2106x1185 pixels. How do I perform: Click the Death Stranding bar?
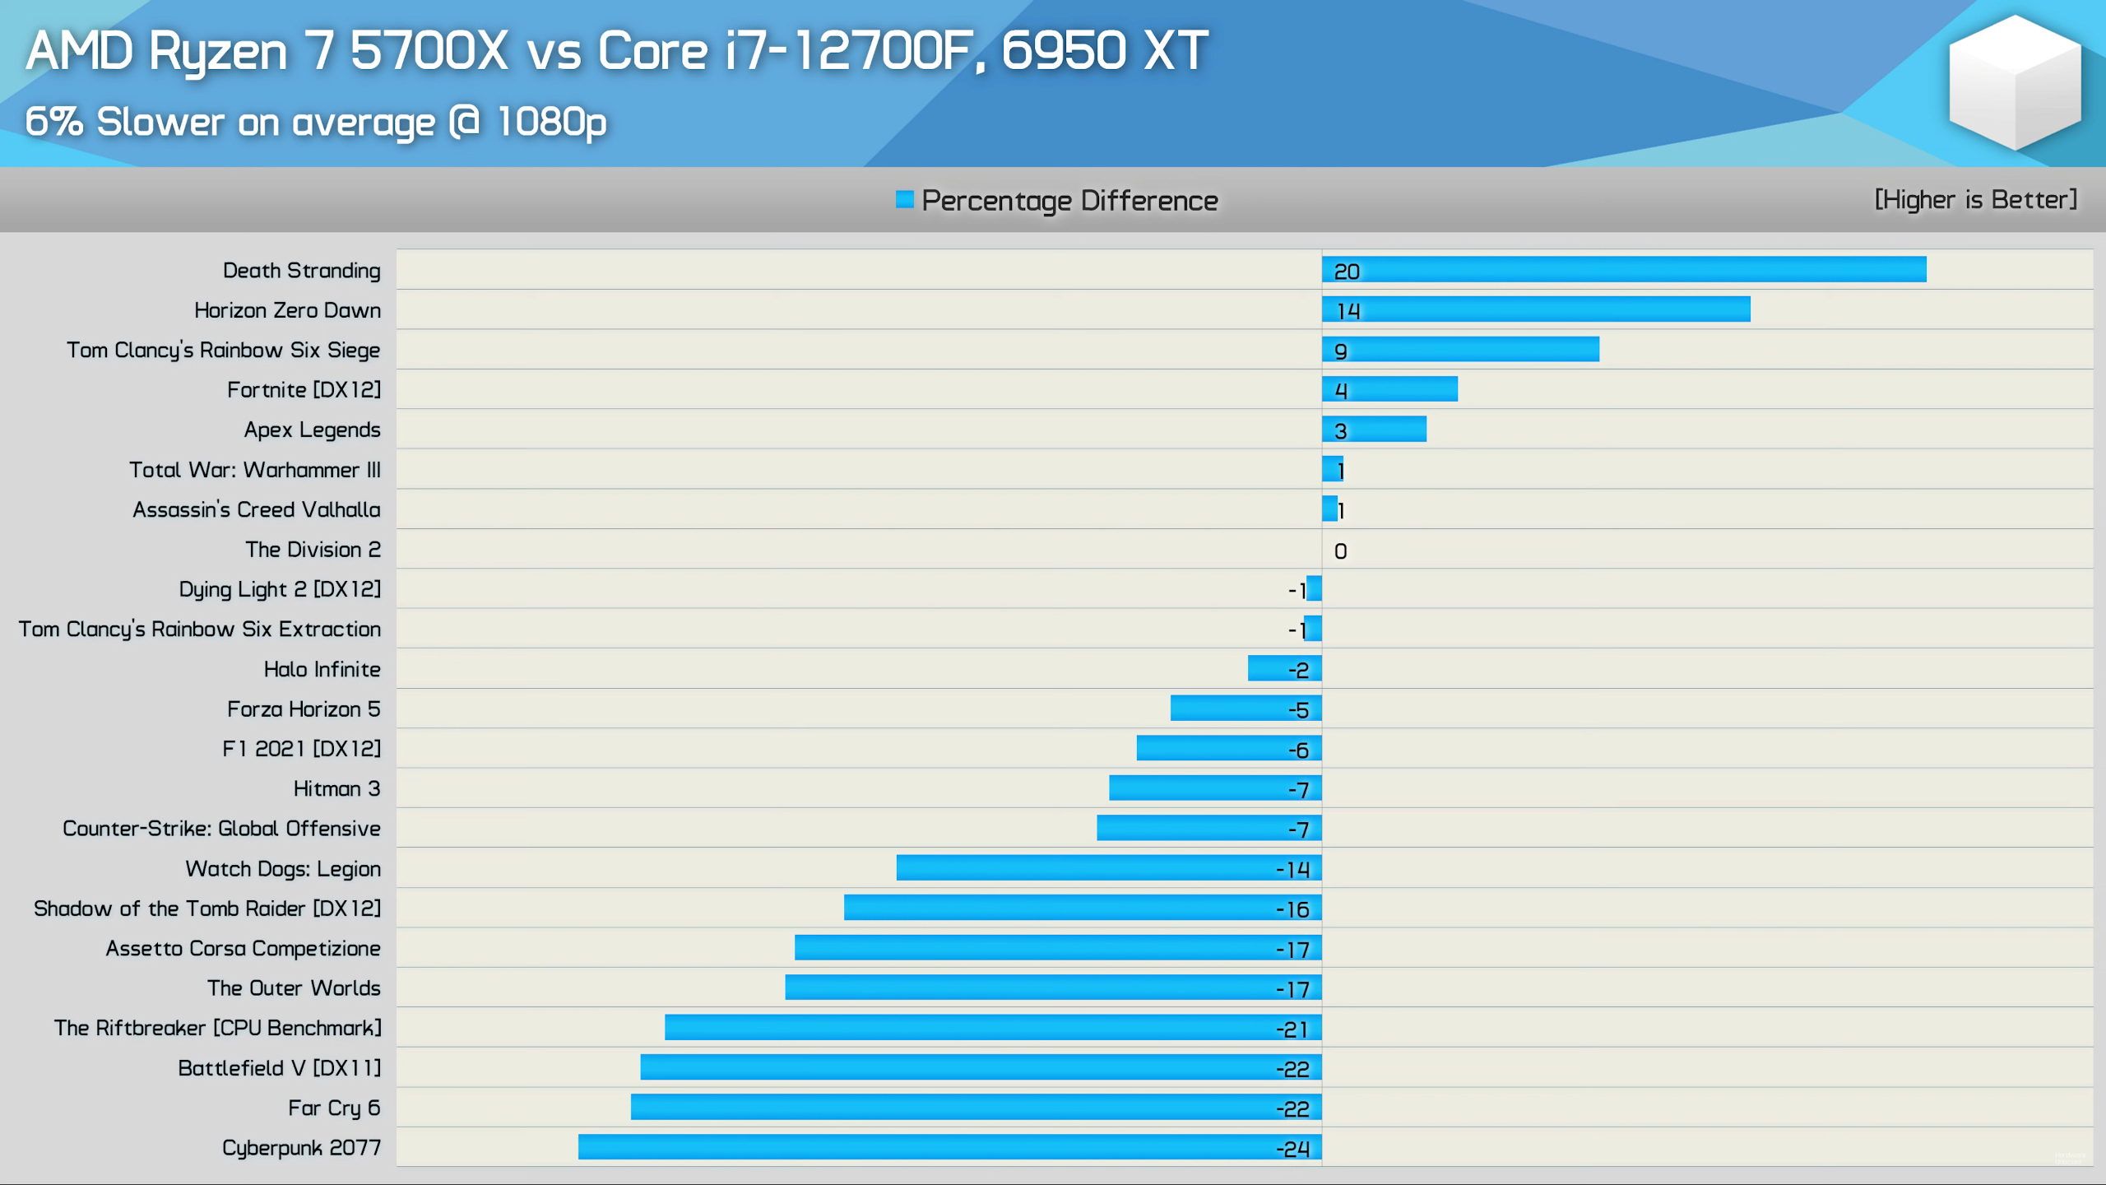(x=1624, y=269)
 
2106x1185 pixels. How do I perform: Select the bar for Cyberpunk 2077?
(x=950, y=1146)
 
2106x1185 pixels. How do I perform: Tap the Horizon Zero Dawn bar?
(x=1536, y=309)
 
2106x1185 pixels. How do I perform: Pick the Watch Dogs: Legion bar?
(x=1109, y=867)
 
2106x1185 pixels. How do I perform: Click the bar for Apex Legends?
(x=1374, y=429)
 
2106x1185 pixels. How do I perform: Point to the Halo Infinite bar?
(x=1284, y=668)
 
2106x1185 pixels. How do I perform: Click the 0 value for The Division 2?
(x=1340, y=551)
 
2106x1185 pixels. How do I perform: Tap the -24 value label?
(x=1292, y=1149)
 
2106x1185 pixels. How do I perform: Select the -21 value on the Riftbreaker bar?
(x=1292, y=1029)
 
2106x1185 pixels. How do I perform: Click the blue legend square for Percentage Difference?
(x=904, y=200)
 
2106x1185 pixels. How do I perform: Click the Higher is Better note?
(x=1975, y=200)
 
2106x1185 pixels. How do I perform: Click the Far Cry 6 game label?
(x=334, y=1108)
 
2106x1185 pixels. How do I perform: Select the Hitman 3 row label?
(x=336, y=788)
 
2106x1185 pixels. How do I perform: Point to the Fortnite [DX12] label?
(x=304, y=389)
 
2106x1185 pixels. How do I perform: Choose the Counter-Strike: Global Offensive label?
(x=221, y=828)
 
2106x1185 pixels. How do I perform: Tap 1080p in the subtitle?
(x=551, y=122)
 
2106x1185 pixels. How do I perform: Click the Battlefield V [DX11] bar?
(x=981, y=1067)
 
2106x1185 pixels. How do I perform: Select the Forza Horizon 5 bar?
(x=1246, y=708)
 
